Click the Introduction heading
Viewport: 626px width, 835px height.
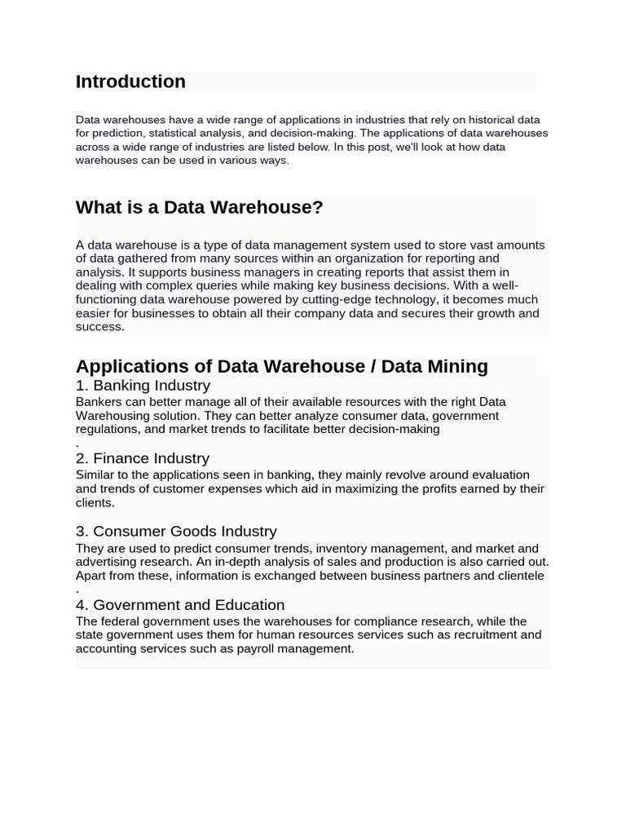[x=130, y=82]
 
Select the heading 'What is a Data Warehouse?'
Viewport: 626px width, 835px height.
[x=199, y=207]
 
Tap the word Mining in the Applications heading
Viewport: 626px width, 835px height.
[x=457, y=366]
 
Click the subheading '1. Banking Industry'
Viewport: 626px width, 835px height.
[x=143, y=385]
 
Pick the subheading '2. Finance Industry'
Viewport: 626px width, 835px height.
[x=143, y=458]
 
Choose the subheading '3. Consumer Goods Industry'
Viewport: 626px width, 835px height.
[x=176, y=531]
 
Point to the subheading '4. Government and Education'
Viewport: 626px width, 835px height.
[x=180, y=604]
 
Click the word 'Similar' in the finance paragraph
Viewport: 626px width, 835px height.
[x=96, y=475]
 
